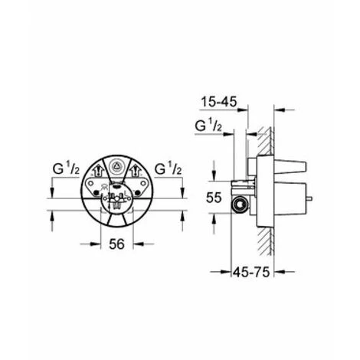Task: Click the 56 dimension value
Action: (x=116, y=244)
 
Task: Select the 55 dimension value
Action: (x=214, y=198)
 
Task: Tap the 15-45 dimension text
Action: (x=219, y=102)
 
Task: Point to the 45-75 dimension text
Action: (x=251, y=272)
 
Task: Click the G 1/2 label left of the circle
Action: (x=66, y=169)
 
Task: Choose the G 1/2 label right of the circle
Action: (x=168, y=169)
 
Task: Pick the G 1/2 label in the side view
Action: (x=208, y=126)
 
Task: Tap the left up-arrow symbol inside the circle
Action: (x=98, y=171)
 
